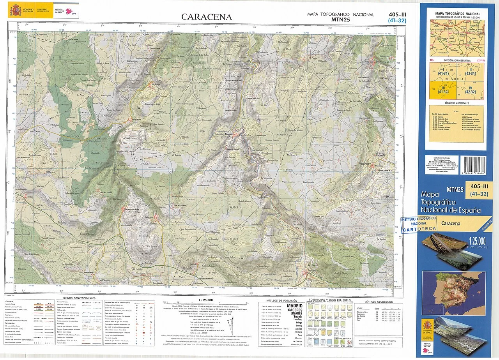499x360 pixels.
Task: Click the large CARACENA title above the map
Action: point(207,17)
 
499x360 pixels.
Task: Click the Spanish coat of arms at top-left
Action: point(16,9)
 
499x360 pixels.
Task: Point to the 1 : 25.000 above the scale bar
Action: point(205,300)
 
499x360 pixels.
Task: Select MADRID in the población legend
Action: point(294,305)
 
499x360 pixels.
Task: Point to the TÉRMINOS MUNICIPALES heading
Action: point(457,103)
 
